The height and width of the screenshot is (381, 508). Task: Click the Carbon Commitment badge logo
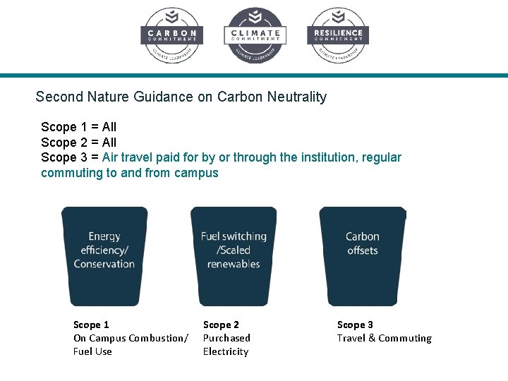[x=171, y=35]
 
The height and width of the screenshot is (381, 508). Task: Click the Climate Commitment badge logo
[x=255, y=35]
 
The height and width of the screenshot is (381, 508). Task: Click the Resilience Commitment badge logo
[x=338, y=35]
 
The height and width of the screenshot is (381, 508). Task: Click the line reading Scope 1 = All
[x=78, y=127]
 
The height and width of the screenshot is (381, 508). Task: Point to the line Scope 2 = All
[x=78, y=143]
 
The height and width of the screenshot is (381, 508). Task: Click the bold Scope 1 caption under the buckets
[x=91, y=325]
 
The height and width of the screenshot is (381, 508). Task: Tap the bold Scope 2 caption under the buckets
[x=221, y=325]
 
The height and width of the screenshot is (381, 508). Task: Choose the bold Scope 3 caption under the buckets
[x=355, y=325]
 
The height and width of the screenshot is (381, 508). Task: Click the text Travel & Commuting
[x=384, y=338]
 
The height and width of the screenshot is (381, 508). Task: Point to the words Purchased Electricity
[x=226, y=344]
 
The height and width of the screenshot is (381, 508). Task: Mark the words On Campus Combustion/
[x=131, y=338]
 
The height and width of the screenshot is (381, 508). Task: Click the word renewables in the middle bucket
[x=234, y=264]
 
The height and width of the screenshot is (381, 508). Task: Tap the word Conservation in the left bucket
[x=104, y=264]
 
